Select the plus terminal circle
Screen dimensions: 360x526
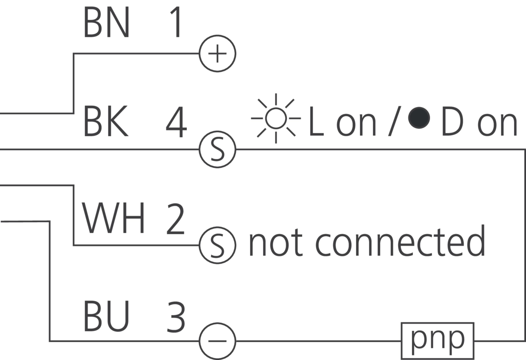point(217,54)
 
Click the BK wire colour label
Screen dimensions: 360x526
point(105,123)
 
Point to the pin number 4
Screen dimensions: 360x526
point(176,123)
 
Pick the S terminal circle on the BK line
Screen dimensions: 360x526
point(217,150)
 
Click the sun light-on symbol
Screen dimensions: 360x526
point(276,119)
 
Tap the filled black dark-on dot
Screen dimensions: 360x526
point(419,118)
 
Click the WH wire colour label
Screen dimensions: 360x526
point(114,219)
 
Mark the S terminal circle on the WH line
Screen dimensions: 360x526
point(217,245)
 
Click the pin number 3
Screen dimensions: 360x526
point(175,318)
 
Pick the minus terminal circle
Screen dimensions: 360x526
point(217,342)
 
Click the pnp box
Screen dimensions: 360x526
point(437,341)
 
